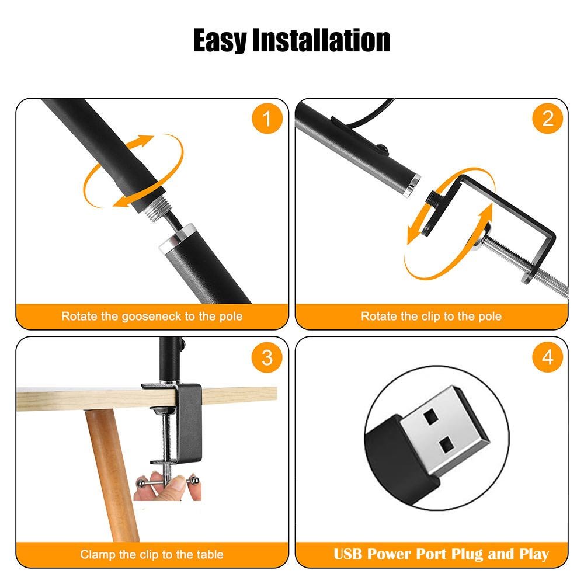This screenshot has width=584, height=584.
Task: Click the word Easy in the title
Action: [220, 41]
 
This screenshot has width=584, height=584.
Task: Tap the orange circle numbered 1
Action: [267, 119]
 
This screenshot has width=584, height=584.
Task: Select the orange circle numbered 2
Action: [547, 119]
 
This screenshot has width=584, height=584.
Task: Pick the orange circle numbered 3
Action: [267, 357]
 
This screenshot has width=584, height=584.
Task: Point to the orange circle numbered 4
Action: [547, 357]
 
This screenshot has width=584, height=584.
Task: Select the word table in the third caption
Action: [210, 554]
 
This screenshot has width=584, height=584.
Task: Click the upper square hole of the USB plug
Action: [431, 416]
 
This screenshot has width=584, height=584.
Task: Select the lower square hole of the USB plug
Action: [446, 444]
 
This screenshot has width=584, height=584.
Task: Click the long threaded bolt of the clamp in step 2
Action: [525, 263]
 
